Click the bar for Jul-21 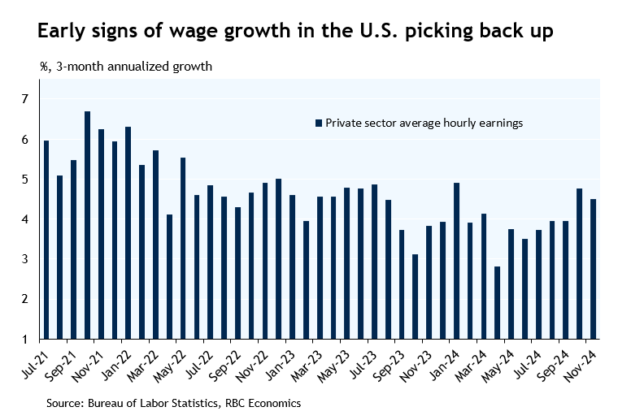coord(46,240)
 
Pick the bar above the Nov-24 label coord(593,269)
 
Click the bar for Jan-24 coord(456,261)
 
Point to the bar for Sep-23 coord(401,284)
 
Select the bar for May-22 coord(183,248)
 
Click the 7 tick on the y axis coord(25,99)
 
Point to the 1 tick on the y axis coord(25,339)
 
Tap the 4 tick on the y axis coord(25,219)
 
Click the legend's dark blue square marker coord(319,123)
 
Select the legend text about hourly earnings coord(423,123)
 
